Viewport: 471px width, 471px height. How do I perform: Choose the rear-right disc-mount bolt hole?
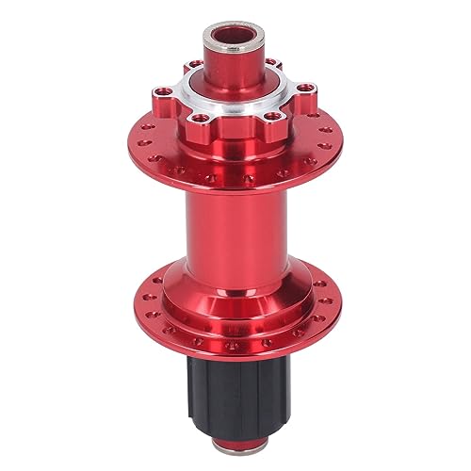click(x=274, y=66)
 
